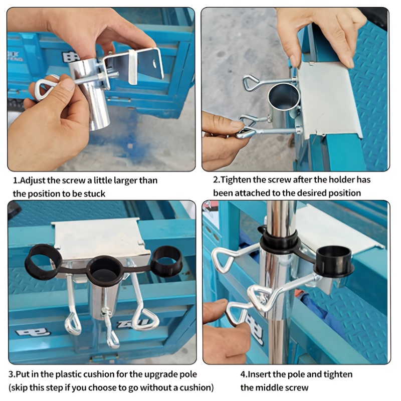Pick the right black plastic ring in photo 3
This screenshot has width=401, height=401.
pos(166,261)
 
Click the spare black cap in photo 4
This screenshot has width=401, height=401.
pos(334,261)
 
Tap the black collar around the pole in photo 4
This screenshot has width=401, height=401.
pos(279,242)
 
